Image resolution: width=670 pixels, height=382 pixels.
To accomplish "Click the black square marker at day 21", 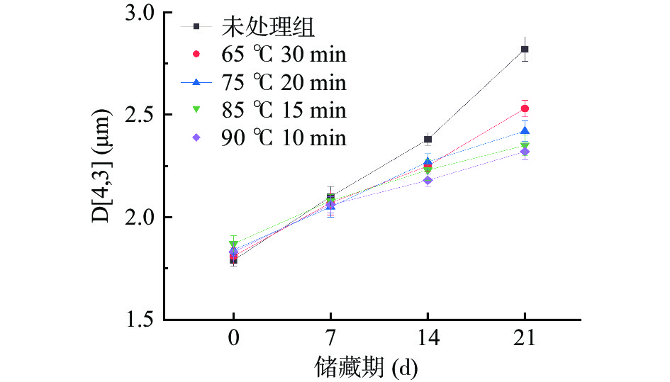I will coord(525,49).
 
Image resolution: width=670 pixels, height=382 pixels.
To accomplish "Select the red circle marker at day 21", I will coord(525,108).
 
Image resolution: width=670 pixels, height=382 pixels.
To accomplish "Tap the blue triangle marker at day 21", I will coord(525,130).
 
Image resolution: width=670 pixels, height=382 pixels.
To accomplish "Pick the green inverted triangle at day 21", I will coord(525,147).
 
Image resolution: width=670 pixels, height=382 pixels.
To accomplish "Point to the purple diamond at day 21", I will coord(525,152).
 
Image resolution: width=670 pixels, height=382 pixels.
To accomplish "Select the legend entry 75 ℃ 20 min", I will coord(284,82).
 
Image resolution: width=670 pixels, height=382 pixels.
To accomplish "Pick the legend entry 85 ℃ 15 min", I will coord(284,110).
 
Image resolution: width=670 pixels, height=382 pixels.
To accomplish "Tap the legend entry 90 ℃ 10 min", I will coord(284,137).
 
